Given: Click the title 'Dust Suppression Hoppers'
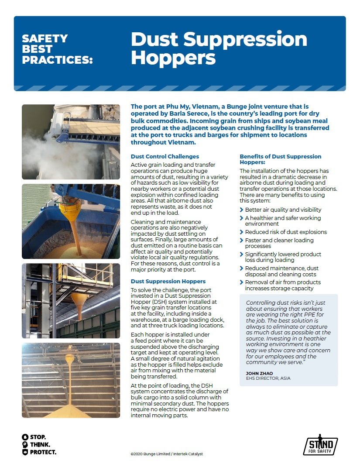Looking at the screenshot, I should point(219,48).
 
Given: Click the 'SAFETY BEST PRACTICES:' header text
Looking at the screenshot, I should point(57,49).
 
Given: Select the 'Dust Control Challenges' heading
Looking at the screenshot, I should point(165,156).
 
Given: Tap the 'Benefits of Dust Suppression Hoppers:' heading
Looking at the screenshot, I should point(280,159).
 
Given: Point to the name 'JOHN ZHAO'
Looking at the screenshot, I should point(260,373).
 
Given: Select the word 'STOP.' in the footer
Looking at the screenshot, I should point(38,437).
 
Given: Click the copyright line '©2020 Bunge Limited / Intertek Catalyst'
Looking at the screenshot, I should point(167,454).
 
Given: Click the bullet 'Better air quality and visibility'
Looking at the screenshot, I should point(283,210).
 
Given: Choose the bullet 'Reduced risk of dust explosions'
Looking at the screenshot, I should point(285,232).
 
